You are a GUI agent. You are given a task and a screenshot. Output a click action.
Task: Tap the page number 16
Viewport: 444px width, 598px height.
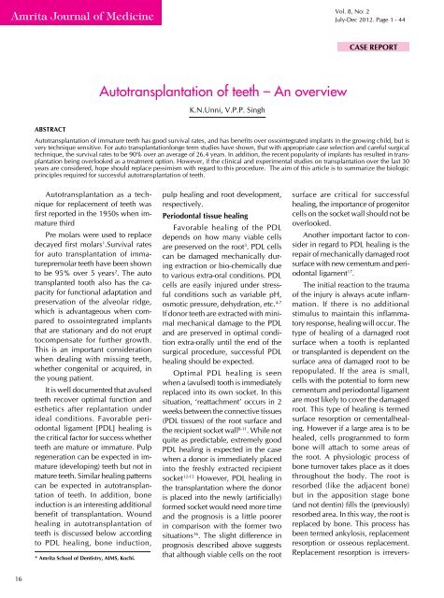click(7, 578)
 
